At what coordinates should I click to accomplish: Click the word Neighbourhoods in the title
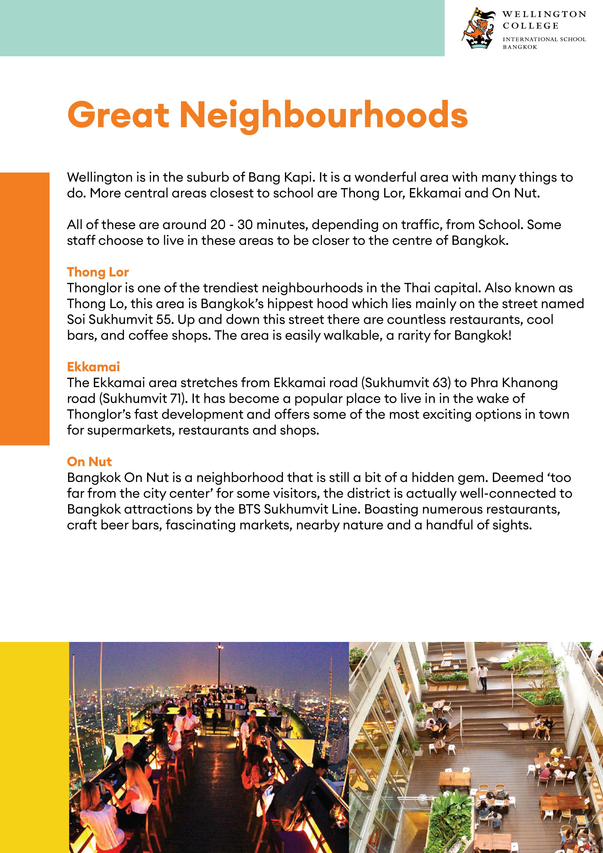pos(323,115)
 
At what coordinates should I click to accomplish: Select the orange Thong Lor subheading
pos(98,272)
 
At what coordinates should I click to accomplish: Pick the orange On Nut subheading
pos(89,462)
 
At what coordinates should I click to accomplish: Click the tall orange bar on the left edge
pos(25,308)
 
